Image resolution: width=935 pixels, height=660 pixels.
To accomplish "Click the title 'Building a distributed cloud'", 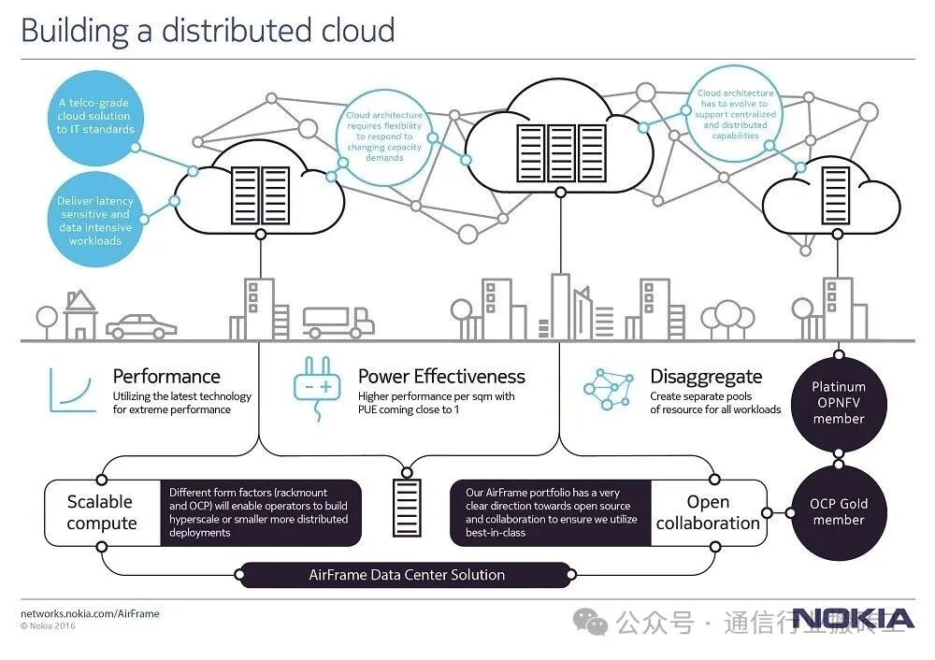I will (208, 30).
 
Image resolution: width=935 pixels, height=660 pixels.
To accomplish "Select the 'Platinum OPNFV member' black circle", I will (838, 402).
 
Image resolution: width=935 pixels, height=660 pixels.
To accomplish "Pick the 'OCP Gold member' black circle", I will (838, 511).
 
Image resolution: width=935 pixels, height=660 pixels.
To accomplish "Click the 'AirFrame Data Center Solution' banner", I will (407, 575).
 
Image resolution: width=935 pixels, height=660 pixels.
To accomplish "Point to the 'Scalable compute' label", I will (101, 512).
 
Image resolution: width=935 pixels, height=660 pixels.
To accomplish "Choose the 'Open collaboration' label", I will (708, 512).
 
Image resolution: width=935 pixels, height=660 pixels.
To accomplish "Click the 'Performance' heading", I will (166, 377).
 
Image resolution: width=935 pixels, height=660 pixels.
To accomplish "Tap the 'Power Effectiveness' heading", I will (441, 377).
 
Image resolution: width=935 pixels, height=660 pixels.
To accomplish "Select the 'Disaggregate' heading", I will (706, 377).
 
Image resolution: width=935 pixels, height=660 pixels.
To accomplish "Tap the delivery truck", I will (338, 322).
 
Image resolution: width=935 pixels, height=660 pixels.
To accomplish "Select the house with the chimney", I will (79, 314).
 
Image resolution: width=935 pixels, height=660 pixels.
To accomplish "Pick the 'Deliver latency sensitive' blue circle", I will (95, 220).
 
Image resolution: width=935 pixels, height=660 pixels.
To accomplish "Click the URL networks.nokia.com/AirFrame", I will (90, 613).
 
